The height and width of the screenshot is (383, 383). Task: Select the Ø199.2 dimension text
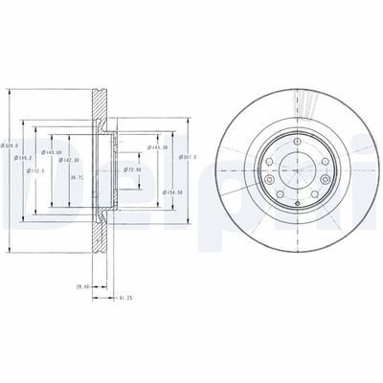click(x=24, y=158)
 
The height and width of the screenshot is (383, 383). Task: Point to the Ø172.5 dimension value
click(x=38, y=170)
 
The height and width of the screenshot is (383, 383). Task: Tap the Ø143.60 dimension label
click(x=53, y=152)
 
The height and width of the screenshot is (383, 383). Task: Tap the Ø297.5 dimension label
click(x=188, y=157)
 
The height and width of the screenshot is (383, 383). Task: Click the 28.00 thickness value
click(x=83, y=286)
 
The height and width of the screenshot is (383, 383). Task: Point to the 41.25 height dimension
click(x=120, y=298)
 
